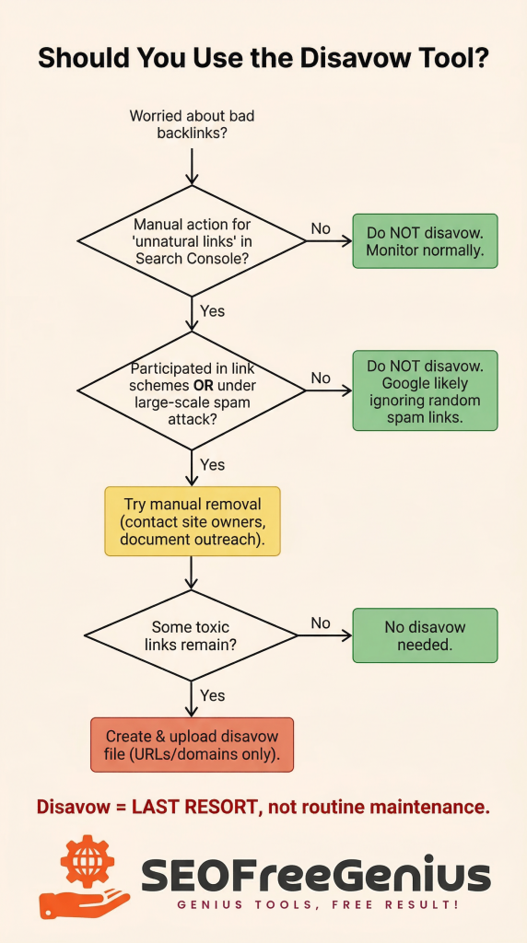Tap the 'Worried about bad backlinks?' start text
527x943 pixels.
click(192, 125)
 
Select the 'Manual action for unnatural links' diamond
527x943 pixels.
click(192, 241)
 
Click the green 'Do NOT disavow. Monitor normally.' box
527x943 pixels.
click(425, 241)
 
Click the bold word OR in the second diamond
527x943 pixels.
click(205, 384)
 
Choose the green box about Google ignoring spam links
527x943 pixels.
click(425, 390)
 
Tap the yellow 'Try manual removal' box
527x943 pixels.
click(192, 521)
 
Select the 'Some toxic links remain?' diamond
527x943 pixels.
click(192, 634)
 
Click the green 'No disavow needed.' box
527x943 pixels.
click(425, 635)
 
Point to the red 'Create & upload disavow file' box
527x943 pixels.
click(192, 744)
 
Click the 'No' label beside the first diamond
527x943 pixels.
click(321, 227)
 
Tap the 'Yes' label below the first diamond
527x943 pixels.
click(212, 311)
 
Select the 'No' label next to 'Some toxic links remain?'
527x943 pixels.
click(320, 623)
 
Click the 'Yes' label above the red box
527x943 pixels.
click(212, 695)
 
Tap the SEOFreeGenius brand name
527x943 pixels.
click(315, 874)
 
